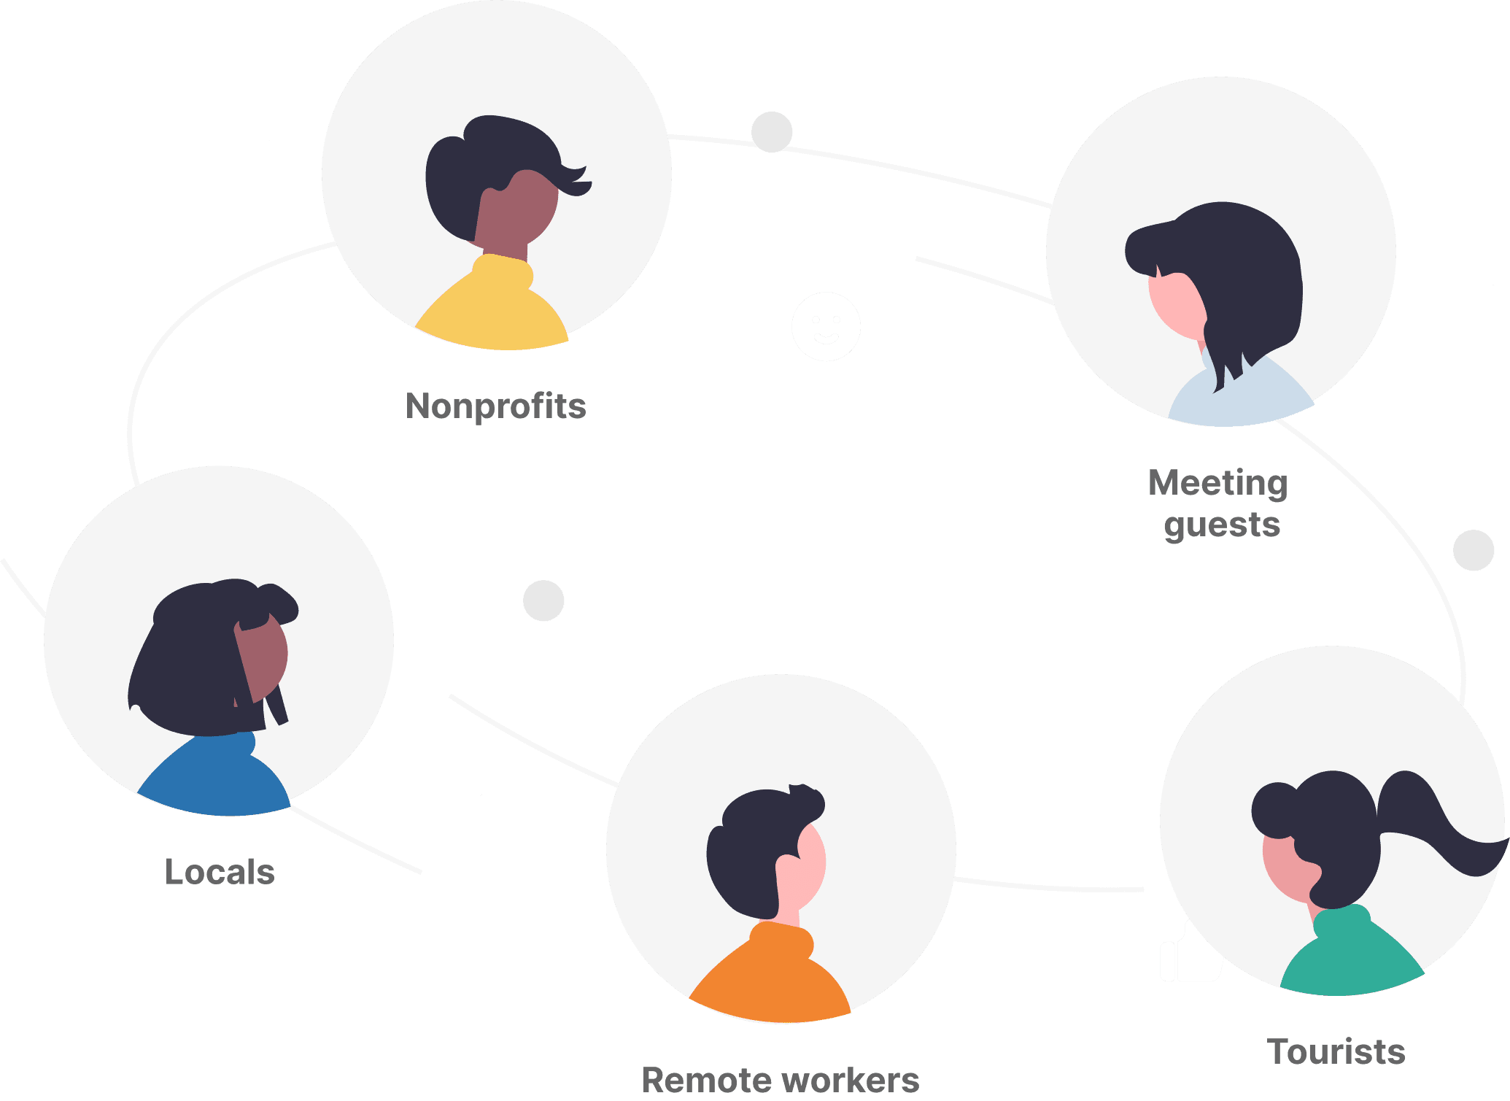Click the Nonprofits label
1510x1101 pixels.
coord(496,406)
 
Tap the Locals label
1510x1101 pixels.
coord(220,872)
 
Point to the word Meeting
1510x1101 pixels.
coord(1217,484)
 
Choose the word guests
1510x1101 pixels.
coord(1222,525)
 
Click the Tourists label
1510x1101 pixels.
coord(1336,1051)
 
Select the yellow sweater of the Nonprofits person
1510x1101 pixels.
coord(492,306)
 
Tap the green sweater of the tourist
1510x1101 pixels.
coord(1350,956)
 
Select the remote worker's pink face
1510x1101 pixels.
coord(806,865)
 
